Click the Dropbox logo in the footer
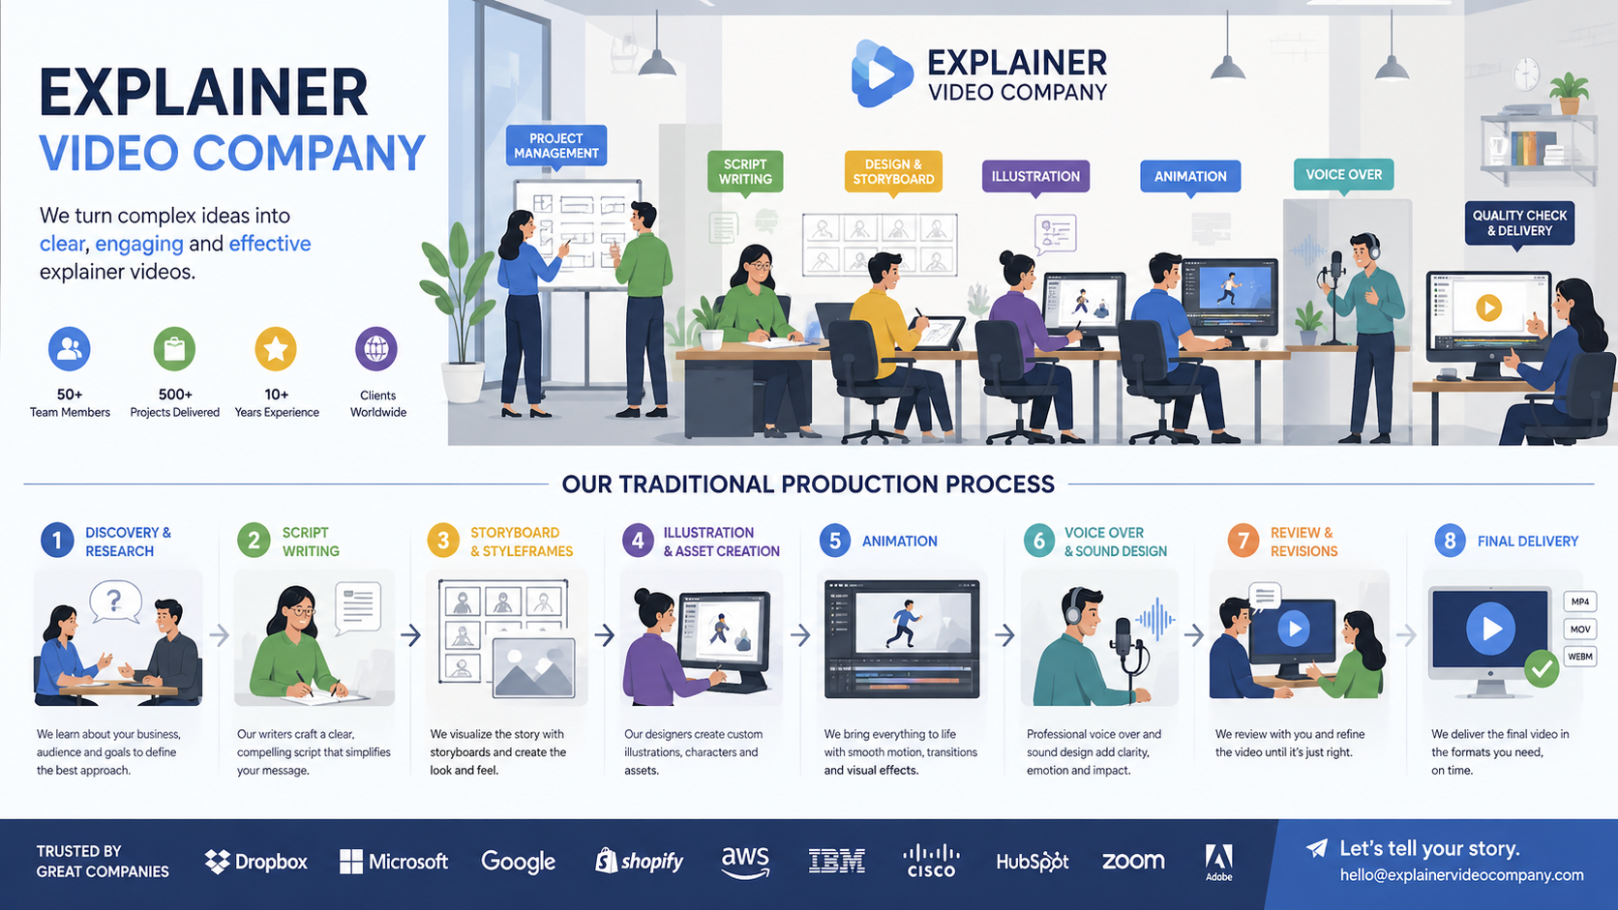pos(255,862)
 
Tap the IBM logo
pos(836,861)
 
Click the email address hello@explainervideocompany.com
pos(1461,875)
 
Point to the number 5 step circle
pos(835,541)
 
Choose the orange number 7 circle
pos(1243,541)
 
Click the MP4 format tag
pos(1579,602)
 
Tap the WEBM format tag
pos(1579,657)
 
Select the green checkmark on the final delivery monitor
pos(1542,668)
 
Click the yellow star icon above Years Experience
pos(276,348)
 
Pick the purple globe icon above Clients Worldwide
pos(376,348)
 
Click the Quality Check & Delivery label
pos(1519,223)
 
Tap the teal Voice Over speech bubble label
pos(1343,175)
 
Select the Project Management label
pos(556,146)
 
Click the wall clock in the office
pos(1525,73)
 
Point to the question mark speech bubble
pos(115,602)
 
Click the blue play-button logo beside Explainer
pos(882,73)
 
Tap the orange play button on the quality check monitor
pos(1488,308)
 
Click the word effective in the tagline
pos(269,244)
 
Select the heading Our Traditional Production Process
pos(808,484)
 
